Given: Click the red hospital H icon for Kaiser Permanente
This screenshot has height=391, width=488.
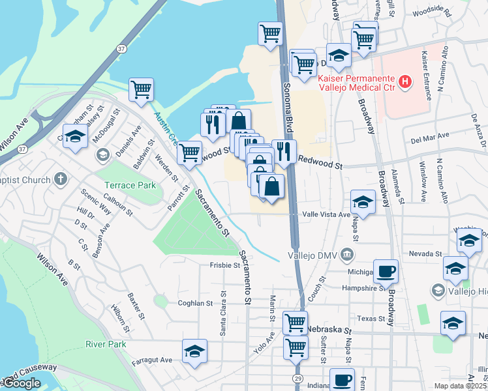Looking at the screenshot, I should point(405,82).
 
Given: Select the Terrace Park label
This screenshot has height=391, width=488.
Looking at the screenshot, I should point(129,186).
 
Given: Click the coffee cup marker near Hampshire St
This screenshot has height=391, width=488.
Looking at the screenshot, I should point(386,271).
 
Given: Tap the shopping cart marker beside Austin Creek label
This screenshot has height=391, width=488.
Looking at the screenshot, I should point(141,90).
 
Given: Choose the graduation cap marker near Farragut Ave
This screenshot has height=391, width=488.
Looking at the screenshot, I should point(194,351).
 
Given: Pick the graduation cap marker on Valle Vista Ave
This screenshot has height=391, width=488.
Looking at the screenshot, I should point(363,201).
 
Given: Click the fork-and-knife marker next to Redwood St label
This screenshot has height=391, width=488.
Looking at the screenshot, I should point(284,152).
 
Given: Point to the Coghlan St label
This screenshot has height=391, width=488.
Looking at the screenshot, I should point(195,303).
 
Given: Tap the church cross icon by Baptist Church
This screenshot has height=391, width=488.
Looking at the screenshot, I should point(60,177).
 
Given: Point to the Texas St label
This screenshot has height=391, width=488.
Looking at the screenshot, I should point(372,319).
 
